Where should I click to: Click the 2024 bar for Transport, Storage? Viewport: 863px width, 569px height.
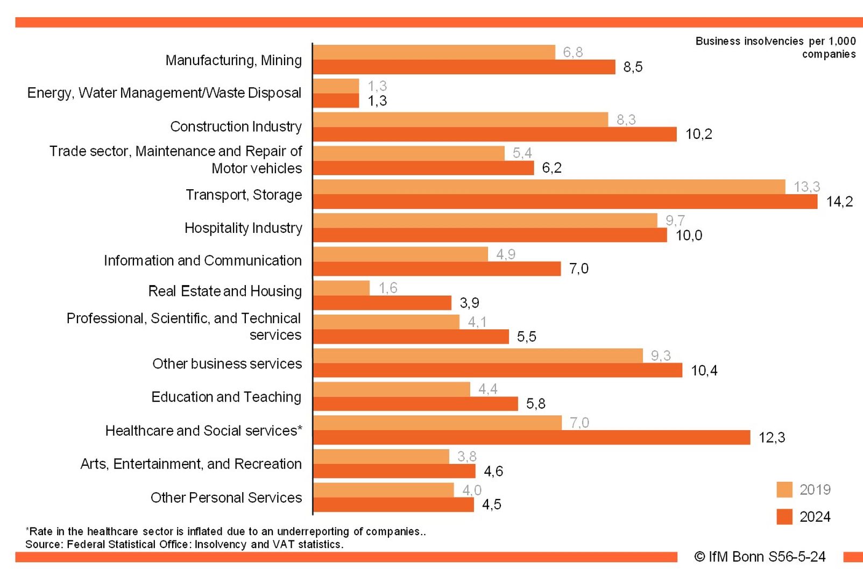pos(565,202)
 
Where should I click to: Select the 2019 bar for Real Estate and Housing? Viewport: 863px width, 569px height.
pos(341,288)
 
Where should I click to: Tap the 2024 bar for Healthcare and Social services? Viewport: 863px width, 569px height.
pos(532,437)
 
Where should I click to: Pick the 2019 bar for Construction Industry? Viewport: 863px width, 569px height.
pos(461,119)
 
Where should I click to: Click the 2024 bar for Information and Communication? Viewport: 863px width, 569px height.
pos(437,268)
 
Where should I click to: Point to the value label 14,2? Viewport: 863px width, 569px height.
pos(839,202)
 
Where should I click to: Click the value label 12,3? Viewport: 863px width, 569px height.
pos(772,437)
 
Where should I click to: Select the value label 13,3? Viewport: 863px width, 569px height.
pos(807,187)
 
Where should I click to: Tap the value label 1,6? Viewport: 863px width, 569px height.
pos(387,288)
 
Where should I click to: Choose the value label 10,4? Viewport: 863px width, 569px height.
pos(704,371)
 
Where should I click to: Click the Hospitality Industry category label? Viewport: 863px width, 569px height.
pos(243,228)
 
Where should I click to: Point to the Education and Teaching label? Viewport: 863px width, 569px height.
pos(226,397)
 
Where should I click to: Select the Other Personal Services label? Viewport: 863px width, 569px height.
pos(226,497)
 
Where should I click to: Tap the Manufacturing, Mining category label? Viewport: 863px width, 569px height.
pos(234,60)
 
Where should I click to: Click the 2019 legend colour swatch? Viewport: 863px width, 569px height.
pos(784,489)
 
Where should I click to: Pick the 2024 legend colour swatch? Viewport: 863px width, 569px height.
pos(784,516)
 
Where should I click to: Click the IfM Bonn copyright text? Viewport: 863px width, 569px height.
pos(760,557)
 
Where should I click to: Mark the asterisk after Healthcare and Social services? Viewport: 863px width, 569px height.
pos(300,429)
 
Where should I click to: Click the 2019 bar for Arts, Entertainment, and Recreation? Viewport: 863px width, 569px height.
pos(381,457)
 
